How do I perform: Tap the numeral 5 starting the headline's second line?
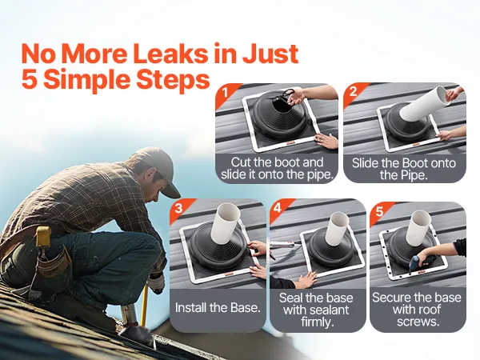pyautogui.click(x=30, y=79)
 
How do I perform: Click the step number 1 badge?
pyautogui.click(x=226, y=92)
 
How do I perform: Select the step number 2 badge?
pyautogui.click(x=353, y=91)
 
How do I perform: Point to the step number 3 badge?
pyautogui.click(x=178, y=208)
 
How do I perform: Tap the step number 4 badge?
pyautogui.click(x=277, y=208)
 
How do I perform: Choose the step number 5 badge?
pyautogui.click(x=379, y=211)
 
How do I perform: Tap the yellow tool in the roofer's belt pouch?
pyautogui.click(x=43, y=236)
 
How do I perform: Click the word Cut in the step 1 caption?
pyautogui.click(x=241, y=162)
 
